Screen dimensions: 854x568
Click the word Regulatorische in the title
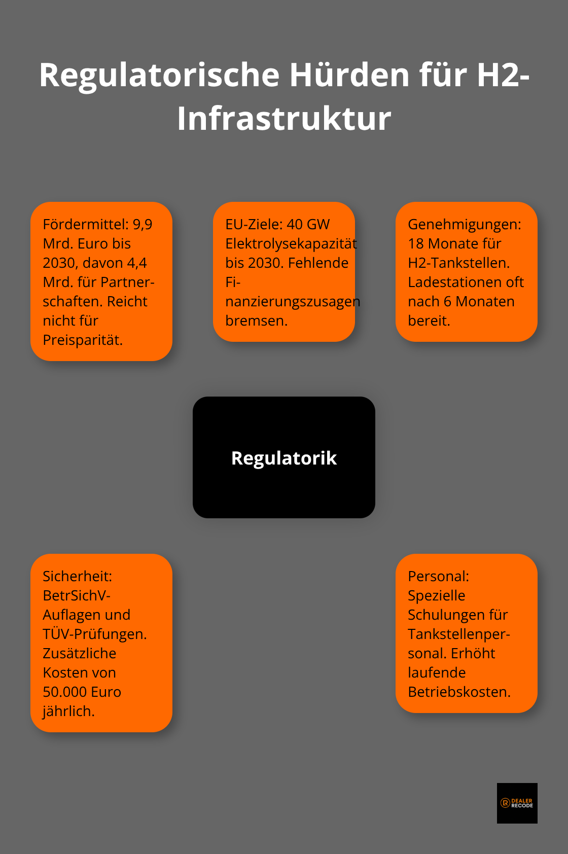[x=159, y=75]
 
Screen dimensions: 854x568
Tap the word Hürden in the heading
[x=349, y=75]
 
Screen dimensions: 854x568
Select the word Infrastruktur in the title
[x=284, y=119]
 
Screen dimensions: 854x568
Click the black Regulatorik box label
[x=284, y=458]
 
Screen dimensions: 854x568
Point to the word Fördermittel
[x=85, y=224]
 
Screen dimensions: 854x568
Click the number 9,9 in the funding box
[x=143, y=224]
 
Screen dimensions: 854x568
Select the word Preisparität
[x=83, y=340]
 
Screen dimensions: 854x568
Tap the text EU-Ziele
[x=254, y=224]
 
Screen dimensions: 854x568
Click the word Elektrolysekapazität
[x=291, y=243]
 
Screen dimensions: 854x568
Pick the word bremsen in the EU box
[x=256, y=321]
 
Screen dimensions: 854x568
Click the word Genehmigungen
[x=464, y=224]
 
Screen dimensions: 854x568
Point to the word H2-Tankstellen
[x=458, y=263]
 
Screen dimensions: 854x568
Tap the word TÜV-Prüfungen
[x=94, y=634]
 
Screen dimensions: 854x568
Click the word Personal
[x=438, y=576]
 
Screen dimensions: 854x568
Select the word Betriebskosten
[x=459, y=692]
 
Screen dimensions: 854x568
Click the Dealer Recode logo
[x=517, y=803]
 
